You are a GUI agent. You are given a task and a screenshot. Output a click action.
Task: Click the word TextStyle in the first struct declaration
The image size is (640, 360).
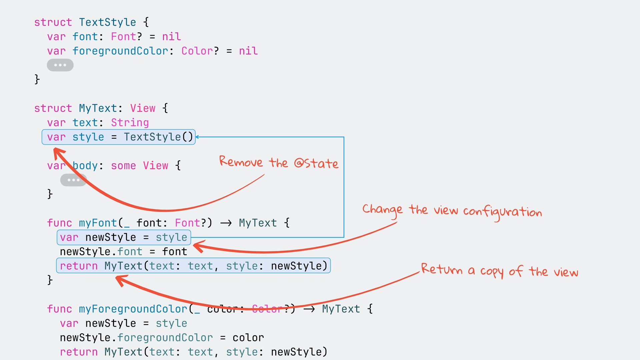pyautogui.click(x=107, y=22)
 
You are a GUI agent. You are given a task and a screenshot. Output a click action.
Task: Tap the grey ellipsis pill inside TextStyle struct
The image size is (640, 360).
pyautogui.click(x=60, y=65)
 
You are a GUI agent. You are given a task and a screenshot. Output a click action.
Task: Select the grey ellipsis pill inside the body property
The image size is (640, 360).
pyautogui.click(x=73, y=180)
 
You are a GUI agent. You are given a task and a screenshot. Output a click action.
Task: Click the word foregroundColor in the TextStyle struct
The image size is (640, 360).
pyautogui.click(x=120, y=51)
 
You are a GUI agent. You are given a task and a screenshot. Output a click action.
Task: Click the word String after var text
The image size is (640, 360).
pyautogui.click(x=130, y=123)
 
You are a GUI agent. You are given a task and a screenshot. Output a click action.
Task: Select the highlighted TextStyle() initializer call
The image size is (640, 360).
pyautogui.click(x=159, y=137)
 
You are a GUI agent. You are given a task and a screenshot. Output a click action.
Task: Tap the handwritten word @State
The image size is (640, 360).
pyautogui.click(x=316, y=163)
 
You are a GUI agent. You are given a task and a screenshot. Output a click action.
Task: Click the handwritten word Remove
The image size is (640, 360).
pyautogui.click(x=241, y=162)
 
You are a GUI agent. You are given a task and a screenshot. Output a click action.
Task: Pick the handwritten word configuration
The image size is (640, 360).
pyautogui.click(x=502, y=212)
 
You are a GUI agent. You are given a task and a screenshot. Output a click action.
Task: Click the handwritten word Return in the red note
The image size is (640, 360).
pyautogui.click(x=442, y=269)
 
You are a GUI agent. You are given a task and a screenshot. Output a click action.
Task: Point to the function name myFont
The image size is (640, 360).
pyautogui.click(x=98, y=223)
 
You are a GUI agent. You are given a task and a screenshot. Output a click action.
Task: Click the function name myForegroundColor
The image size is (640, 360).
pyautogui.click(x=133, y=309)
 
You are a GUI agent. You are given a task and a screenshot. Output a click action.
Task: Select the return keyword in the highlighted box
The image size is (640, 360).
pyautogui.click(x=79, y=266)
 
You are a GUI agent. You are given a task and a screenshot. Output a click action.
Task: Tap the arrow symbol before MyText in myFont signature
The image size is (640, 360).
pyautogui.click(x=226, y=223)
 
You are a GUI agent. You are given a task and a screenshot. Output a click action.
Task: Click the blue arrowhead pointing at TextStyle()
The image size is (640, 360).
pyautogui.click(x=197, y=137)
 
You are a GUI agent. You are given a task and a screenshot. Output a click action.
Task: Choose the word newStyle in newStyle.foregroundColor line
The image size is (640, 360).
pyautogui.click(x=85, y=338)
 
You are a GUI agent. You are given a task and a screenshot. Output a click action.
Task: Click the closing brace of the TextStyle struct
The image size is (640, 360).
pyautogui.click(x=37, y=79)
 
